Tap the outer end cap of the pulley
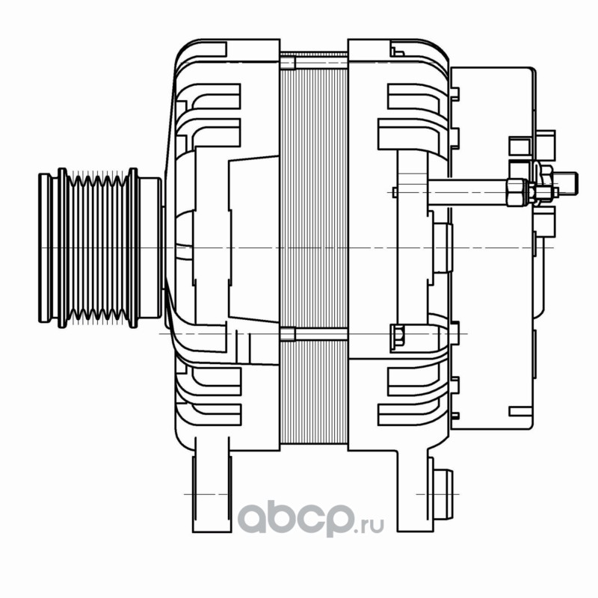click(x=45, y=248)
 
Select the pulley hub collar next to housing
click(x=150, y=248)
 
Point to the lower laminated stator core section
click(x=313, y=392)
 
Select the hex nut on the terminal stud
click(x=517, y=193)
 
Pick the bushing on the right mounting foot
click(x=443, y=494)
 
